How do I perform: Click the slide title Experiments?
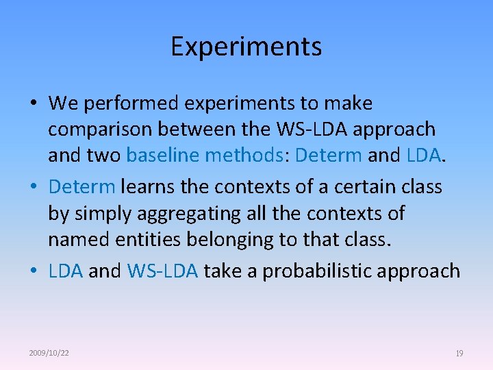pos(246,47)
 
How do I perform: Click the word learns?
pos(145,186)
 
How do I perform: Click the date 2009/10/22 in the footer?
pos(49,353)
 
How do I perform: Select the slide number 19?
pos(459,353)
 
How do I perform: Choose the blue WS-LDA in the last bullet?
pos(162,271)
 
